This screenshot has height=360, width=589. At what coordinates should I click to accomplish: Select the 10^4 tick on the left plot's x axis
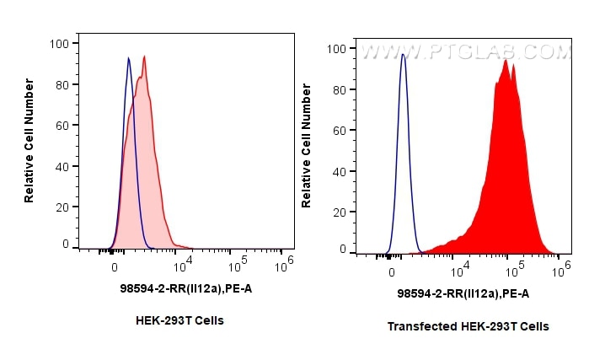click(182, 265)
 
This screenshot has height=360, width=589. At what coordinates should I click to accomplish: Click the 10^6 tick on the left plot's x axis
click(286, 262)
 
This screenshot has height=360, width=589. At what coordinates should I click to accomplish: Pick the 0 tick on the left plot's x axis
click(115, 266)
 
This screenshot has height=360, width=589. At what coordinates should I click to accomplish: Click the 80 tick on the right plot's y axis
click(338, 89)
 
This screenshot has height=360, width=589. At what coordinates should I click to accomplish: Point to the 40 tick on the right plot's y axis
click(338, 172)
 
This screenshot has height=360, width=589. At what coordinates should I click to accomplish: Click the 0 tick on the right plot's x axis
click(392, 271)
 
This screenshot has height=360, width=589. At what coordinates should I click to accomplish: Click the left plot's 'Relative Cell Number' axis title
click(29, 140)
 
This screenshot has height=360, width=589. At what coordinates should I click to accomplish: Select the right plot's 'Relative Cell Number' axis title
click(307, 145)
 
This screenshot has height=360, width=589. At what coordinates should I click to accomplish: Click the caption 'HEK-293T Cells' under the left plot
click(179, 321)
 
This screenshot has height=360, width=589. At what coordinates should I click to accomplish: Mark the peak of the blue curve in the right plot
click(403, 55)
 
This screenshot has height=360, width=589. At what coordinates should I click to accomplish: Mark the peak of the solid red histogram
click(505, 60)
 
